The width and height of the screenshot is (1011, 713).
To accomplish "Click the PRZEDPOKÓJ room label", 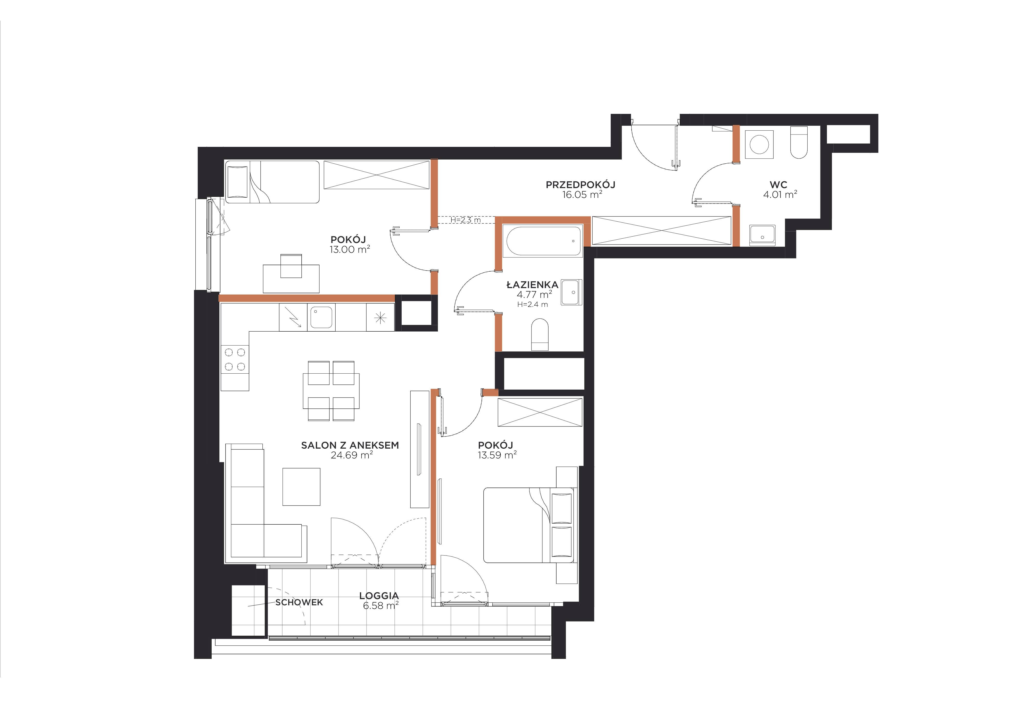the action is (x=580, y=185).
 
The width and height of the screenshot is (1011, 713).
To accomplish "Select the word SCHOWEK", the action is (x=299, y=602).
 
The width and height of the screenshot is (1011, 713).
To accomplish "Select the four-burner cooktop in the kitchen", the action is (x=235, y=359).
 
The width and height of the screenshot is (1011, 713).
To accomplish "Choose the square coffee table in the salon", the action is (x=301, y=487).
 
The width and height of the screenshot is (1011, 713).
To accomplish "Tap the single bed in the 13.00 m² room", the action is (x=272, y=182).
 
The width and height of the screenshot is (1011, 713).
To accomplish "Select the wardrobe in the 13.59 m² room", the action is (x=540, y=412).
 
